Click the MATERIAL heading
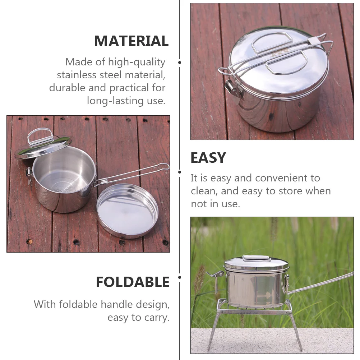(x=131, y=41)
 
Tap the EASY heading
(x=208, y=158)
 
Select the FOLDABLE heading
(x=133, y=282)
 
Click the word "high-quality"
(x=139, y=62)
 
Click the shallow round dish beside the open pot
(x=127, y=211)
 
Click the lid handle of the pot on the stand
(x=256, y=258)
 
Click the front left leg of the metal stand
(x=213, y=331)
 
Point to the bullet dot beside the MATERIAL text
(x=180, y=62)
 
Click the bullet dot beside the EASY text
(x=180, y=172)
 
